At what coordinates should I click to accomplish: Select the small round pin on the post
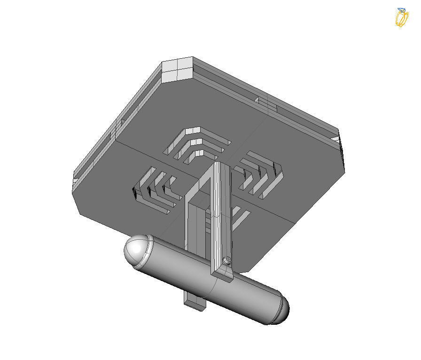(227, 260)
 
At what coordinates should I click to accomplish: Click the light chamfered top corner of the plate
(178, 69)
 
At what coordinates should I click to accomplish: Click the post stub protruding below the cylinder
(195, 303)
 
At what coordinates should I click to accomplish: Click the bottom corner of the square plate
(249, 268)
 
